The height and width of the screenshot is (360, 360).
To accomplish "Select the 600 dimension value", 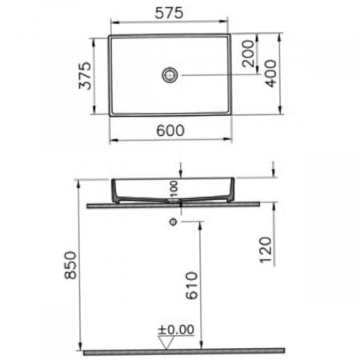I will coord(168,130).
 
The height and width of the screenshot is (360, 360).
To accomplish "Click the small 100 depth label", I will coord(174,189).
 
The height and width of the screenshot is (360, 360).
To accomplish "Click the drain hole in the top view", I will coord(169,75).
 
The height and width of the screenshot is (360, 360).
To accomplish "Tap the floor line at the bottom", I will coord(184,351).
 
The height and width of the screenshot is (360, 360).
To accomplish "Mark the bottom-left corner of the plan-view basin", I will coord(109,114).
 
